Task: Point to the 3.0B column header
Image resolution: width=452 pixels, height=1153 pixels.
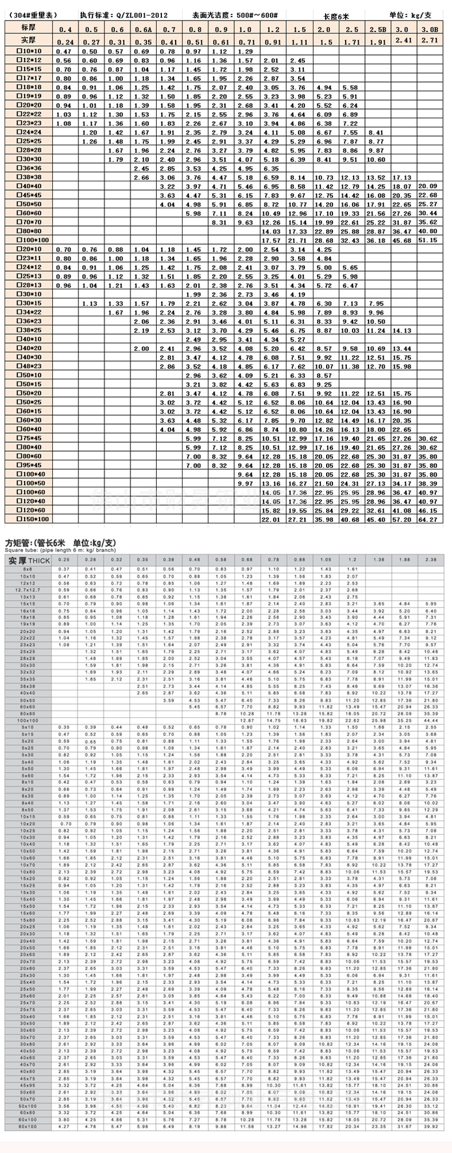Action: tap(429, 29)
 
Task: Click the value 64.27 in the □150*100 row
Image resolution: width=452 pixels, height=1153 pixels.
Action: tap(429, 519)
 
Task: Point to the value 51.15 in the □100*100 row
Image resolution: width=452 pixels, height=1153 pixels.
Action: tap(429, 241)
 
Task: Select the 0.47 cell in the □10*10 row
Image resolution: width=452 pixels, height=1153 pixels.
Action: tap(64, 51)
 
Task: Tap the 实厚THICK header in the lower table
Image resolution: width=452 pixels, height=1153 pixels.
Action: tap(29, 560)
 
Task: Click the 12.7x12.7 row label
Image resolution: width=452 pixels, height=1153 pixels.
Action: tap(29, 590)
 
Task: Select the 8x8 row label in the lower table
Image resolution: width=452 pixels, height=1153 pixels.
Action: tap(29, 569)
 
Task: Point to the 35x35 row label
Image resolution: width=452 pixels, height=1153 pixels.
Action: tap(29, 679)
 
